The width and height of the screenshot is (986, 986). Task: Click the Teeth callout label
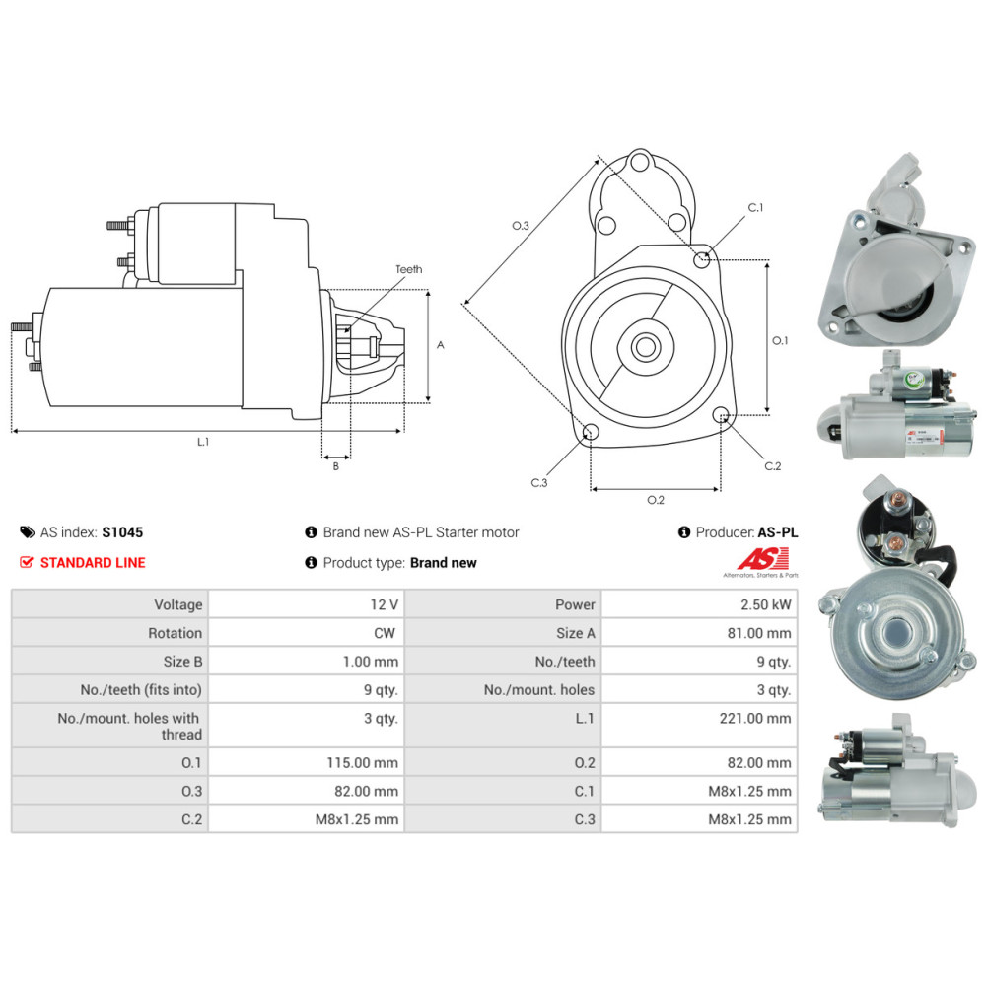click(408, 269)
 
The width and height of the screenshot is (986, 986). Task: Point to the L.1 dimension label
click(203, 443)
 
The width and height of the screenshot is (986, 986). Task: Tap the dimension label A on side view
click(441, 345)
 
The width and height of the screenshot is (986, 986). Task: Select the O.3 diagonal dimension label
click(521, 226)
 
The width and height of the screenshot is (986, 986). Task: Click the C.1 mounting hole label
click(756, 207)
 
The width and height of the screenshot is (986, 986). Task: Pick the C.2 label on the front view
click(772, 465)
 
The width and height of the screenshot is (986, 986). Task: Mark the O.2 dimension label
click(656, 500)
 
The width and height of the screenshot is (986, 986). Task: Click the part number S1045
click(122, 532)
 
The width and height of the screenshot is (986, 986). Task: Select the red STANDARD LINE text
click(92, 563)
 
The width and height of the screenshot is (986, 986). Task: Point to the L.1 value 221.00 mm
click(755, 718)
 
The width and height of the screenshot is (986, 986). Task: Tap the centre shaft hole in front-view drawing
click(647, 346)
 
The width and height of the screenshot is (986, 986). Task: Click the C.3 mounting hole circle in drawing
click(591, 432)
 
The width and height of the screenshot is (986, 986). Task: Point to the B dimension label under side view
click(335, 465)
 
